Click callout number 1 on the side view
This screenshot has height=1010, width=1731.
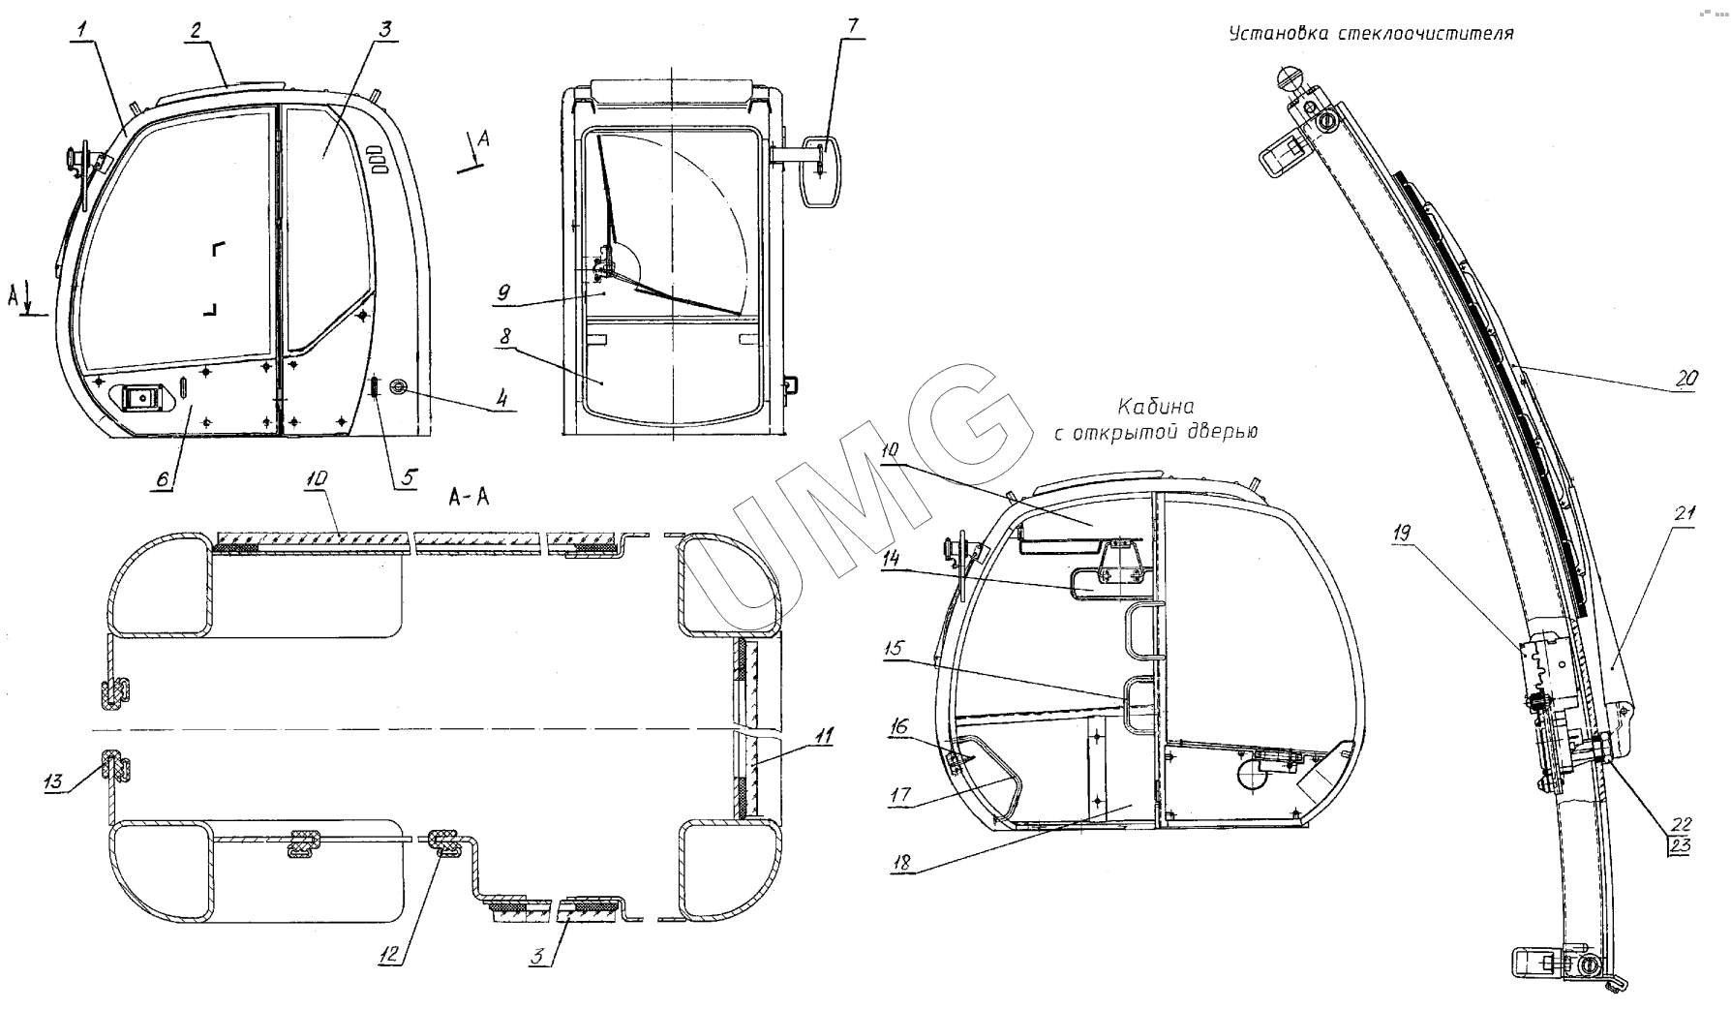coord(83,31)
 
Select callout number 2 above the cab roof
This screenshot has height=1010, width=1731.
coord(196,31)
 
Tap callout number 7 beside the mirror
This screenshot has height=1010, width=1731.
coord(852,26)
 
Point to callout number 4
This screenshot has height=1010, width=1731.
coord(501,397)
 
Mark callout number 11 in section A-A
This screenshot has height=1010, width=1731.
coord(822,737)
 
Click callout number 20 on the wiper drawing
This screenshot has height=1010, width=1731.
coord(1685,381)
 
